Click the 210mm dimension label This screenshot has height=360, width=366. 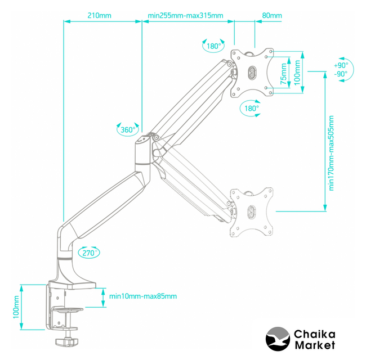(x=100, y=15)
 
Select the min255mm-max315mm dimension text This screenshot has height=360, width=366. (x=185, y=15)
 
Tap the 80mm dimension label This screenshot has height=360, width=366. (x=272, y=15)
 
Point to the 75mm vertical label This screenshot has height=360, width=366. (x=283, y=71)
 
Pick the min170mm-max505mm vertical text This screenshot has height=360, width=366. (x=331, y=153)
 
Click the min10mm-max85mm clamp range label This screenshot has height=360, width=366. (x=142, y=296)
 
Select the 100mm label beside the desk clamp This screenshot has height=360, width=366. (x=16, y=309)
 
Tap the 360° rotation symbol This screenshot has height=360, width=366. (x=128, y=130)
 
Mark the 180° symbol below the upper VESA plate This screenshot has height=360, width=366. (x=251, y=108)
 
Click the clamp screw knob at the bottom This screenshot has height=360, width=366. (x=67, y=341)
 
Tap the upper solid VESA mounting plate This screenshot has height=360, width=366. (x=252, y=71)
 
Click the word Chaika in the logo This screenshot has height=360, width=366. (x=314, y=335)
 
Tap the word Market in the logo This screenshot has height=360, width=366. (x=314, y=345)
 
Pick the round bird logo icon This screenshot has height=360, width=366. (x=276, y=339)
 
